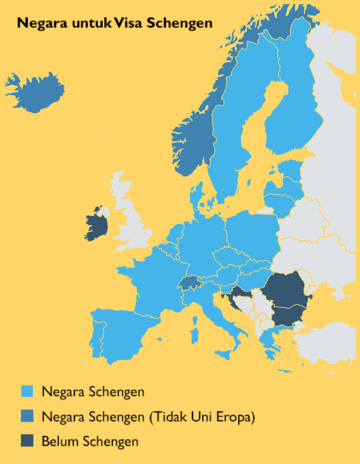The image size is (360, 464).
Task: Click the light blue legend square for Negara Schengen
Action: (x=27, y=392)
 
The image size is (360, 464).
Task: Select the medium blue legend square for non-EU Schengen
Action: (x=27, y=417)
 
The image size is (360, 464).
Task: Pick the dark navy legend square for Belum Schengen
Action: (x=27, y=441)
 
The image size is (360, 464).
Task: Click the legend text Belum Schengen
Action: (x=89, y=442)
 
